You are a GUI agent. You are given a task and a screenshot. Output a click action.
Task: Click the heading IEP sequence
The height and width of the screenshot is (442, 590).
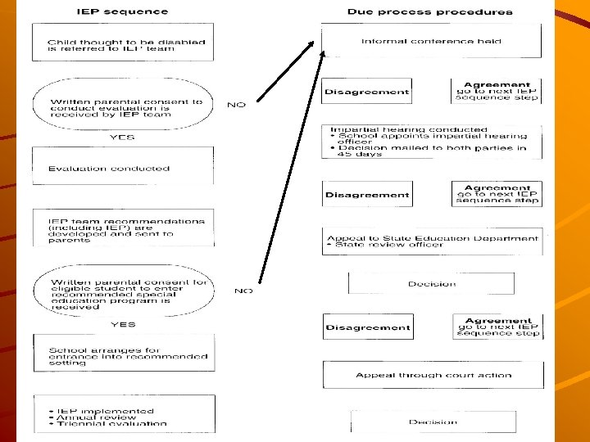(x=122, y=11)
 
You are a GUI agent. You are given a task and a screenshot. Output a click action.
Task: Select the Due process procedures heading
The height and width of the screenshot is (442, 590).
(x=429, y=11)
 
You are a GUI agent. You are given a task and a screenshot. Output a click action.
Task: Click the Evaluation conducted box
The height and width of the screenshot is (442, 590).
(x=122, y=167)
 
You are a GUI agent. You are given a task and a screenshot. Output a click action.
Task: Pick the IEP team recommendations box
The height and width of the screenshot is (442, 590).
(x=122, y=229)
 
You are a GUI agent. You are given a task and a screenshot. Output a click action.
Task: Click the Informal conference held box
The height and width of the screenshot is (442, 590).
(x=431, y=41)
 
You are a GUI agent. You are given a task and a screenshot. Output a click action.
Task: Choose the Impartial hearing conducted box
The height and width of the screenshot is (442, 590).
(x=431, y=142)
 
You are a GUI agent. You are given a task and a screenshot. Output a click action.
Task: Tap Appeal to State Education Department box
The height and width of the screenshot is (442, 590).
(x=432, y=241)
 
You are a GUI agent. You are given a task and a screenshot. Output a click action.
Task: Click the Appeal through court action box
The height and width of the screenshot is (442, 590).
(x=433, y=375)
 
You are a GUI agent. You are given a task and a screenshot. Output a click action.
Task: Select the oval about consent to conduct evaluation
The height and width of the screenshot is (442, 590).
(x=122, y=108)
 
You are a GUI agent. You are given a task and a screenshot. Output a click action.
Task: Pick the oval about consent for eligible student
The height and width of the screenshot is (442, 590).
(x=122, y=294)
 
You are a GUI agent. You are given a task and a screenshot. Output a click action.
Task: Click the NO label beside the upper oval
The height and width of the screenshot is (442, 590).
(x=236, y=105)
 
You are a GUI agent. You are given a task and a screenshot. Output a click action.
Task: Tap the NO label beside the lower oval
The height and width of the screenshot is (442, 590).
(x=243, y=291)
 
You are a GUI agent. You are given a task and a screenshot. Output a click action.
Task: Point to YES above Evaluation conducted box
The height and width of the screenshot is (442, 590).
(x=122, y=138)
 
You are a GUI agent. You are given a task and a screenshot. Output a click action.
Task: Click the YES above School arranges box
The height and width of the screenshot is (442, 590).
(x=122, y=324)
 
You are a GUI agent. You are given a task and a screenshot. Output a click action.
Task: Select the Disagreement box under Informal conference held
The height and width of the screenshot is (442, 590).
(x=366, y=92)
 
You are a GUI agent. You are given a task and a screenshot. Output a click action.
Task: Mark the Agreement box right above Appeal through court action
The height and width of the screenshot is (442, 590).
(x=497, y=327)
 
